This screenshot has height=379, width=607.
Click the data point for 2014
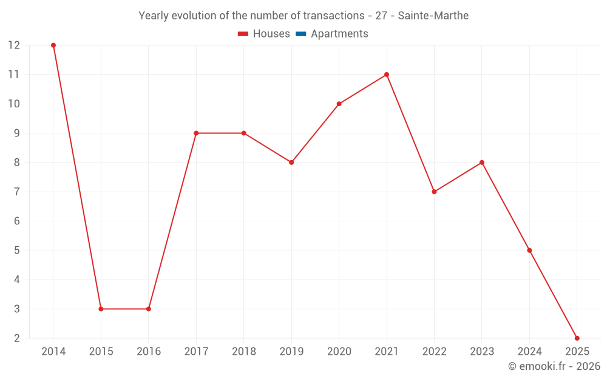click(53, 45)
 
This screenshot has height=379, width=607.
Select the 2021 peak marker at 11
click(387, 75)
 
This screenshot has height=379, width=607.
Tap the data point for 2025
click(577, 338)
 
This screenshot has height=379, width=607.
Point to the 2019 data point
click(291, 163)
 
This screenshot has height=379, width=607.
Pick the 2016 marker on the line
click(149, 309)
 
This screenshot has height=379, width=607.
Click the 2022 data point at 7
click(434, 192)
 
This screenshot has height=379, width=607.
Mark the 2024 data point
click(529, 250)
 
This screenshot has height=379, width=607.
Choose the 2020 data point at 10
click(339, 104)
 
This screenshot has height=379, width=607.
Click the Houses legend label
click(271, 34)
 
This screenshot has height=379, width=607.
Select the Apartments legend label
click(339, 34)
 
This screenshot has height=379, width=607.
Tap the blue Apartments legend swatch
click(300, 34)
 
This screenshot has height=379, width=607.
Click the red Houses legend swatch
click(243, 34)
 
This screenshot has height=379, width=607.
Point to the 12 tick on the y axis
click(14, 45)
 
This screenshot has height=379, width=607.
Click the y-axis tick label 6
click(17, 221)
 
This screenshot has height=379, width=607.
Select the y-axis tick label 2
click(17, 338)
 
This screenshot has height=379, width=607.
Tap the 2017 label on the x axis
click(196, 352)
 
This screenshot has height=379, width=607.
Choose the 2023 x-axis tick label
click(481, 352)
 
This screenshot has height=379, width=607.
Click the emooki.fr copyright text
click(554, 366)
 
